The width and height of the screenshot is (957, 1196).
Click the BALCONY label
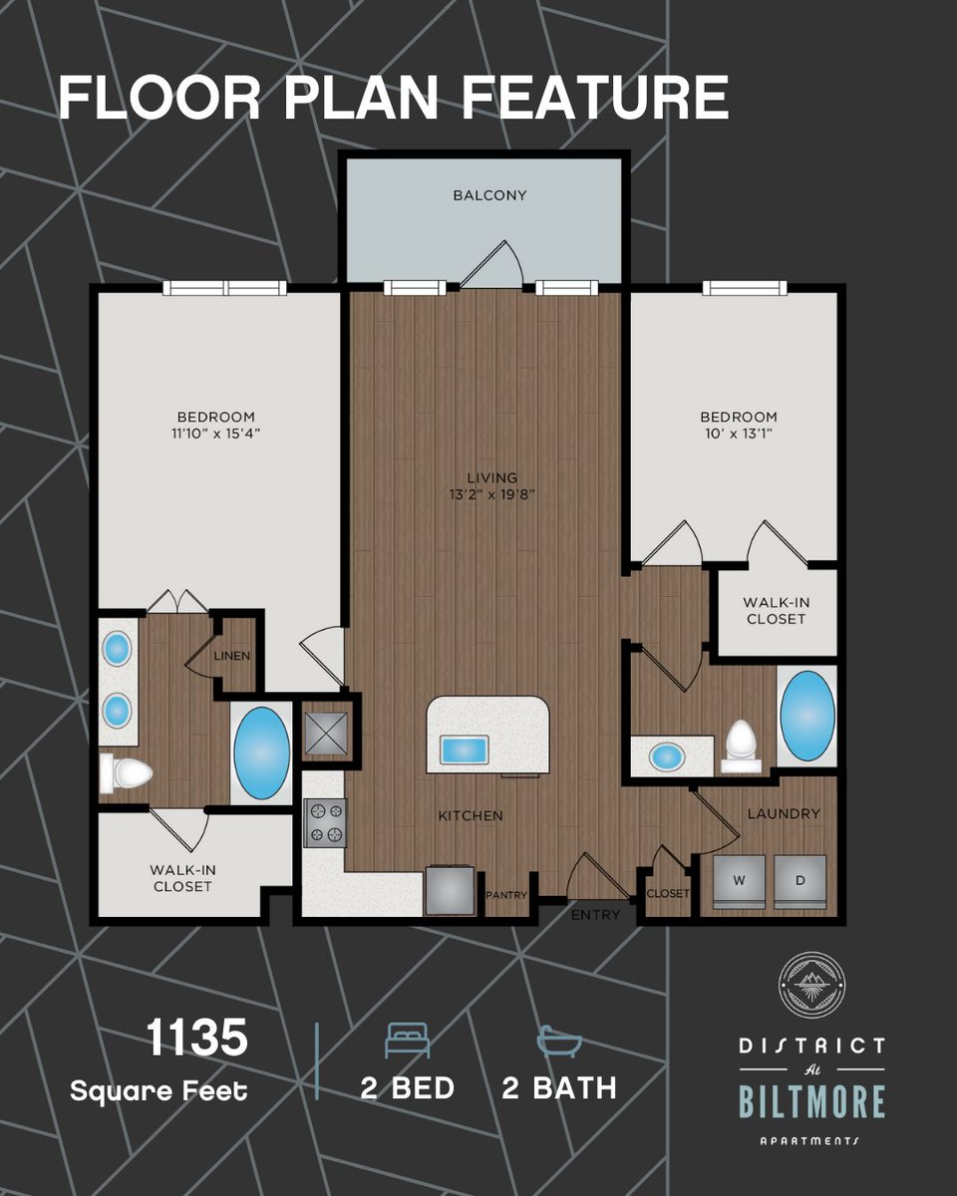(x=489, y=195)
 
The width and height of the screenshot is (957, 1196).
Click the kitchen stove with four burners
(x=325, y=823)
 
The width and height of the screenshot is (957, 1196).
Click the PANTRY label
(x=506, y=895)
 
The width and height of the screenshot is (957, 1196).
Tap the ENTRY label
(x=595, y=915)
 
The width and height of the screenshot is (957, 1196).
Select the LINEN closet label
(x=232, y=656)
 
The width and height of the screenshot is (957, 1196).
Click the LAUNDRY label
(x=784, y=814)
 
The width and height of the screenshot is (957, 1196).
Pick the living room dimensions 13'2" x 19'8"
(x=492, y=494)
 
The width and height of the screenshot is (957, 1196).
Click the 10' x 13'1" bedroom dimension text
(x=739, y=434)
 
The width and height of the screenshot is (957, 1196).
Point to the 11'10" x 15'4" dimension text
(x=215, y=434)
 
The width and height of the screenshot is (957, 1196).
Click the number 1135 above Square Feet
(x=196, y=1038)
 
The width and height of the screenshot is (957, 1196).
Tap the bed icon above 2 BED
(x=408, y=1040)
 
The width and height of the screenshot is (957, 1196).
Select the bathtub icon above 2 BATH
(x=559, y=1041)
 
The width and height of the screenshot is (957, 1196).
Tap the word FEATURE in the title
(x=595, y=98)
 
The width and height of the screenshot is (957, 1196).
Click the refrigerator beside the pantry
(x=450, y=891)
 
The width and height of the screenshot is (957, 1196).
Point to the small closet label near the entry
(x=667, y=894)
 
